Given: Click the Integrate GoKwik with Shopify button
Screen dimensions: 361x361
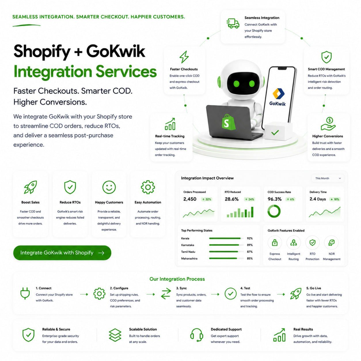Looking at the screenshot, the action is coord(62,252).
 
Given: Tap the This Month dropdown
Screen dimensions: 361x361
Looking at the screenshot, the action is coord(328,178).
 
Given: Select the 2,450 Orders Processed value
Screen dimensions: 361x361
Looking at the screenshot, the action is coord(190,199).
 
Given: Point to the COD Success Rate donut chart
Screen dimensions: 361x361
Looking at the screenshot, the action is coord(274,211).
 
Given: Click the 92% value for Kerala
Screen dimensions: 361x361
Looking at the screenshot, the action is coord(250,238).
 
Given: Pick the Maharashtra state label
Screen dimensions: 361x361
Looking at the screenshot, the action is coord(189,259).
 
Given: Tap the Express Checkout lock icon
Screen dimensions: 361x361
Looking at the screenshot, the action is coord(275,242).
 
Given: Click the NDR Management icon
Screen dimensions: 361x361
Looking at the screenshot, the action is coord(331,243).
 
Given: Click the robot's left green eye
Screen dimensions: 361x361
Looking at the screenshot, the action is coord(236,83).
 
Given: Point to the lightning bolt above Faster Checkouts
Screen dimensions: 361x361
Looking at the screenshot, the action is coord(184,57).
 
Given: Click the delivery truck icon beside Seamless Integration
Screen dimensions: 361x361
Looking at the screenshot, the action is coord(233,23).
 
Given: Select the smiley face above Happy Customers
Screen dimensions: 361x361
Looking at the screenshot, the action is coord(109,187).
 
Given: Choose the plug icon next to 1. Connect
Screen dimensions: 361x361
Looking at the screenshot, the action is coord(25,293).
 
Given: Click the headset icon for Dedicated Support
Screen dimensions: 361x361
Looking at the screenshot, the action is coord(197,335).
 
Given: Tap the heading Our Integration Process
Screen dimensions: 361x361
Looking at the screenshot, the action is coord(177,279).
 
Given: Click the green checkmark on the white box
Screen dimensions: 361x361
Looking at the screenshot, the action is coord(275,132).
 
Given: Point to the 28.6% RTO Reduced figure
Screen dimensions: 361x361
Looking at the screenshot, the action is coord(231,199).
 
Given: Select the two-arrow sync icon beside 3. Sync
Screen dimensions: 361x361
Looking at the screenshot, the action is coord(166,293).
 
